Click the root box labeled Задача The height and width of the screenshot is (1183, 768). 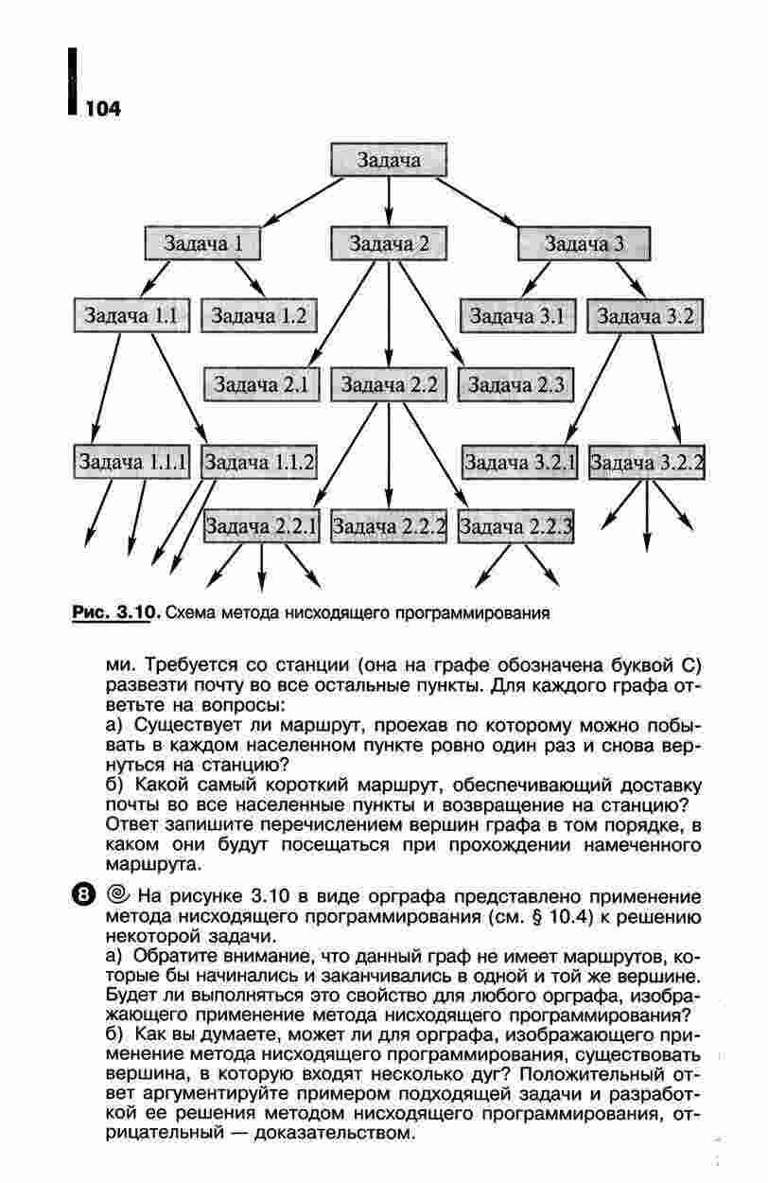tap(389, 160)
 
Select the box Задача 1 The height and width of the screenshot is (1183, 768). tap(203, 243)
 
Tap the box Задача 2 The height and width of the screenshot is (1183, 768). tap(389, 243)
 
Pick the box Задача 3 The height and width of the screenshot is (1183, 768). tap(584, 244)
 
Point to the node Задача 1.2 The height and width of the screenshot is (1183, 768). tap(257, 316)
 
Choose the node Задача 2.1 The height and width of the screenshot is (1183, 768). tap(262, 384)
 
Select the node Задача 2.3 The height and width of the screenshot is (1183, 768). tap(515, 385)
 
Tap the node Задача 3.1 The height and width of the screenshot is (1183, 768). tap(517, 315)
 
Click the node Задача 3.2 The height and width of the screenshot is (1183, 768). tap(646, 315)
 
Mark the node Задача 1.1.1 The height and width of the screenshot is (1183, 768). tap(132, 462)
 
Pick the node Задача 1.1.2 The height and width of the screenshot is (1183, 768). tap(259, 462)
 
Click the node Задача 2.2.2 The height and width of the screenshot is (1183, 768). tap(389, 525)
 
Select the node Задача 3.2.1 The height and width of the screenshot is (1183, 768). tap(519, 462)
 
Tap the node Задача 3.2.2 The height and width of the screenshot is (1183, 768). tap(647, 462)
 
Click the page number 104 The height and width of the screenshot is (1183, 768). tap(102, 109)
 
